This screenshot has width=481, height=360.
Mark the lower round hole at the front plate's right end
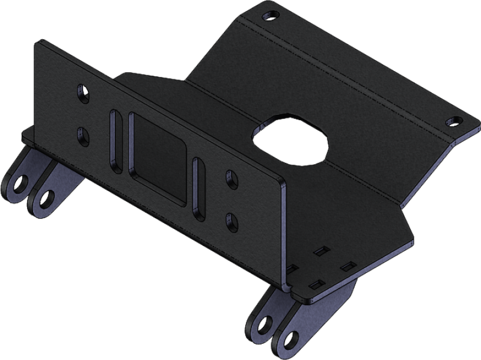pyautogui.click(x=231, y=221)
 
